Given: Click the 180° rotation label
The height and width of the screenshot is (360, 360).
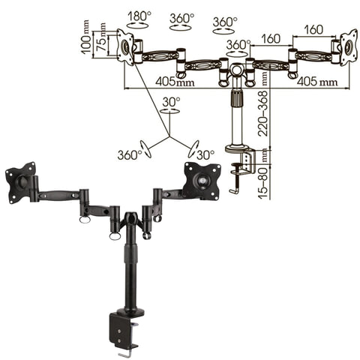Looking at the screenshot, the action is [139, 16].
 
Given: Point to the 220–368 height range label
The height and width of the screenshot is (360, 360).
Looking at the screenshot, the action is [263, 113].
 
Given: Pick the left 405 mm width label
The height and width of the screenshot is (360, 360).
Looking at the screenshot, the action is [175, 81].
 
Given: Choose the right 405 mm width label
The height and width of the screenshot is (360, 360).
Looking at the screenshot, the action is [317, 81].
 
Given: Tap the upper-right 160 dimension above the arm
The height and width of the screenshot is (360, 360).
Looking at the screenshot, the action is [313, 29].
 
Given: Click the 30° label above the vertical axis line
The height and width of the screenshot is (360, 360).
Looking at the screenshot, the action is [171, 102].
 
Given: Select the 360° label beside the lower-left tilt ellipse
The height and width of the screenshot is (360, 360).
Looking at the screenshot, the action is [130, 155].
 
